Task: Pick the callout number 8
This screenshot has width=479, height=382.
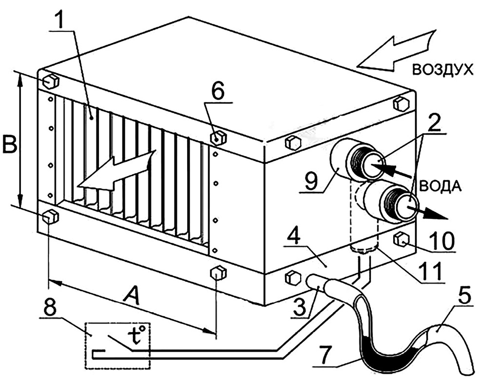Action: (x=50, y=306)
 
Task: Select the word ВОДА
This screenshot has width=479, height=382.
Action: (x=440, y=186)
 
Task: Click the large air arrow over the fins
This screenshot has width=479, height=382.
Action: (x=116, y=171)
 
